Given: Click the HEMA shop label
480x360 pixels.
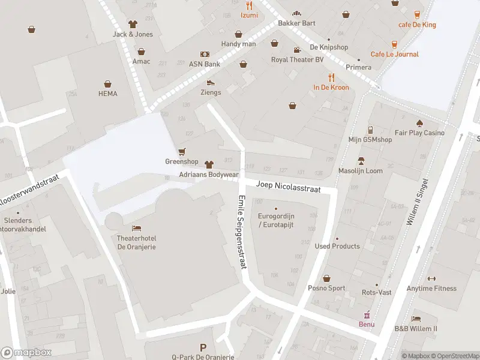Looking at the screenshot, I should pos(108,94).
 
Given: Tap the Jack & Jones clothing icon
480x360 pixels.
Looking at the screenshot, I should pos(133,24).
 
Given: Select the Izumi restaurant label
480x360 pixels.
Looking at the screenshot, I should pos(249,15).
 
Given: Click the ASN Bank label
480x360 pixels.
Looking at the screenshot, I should pos(205,64).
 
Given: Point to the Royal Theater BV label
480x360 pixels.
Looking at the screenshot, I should pos(297,59).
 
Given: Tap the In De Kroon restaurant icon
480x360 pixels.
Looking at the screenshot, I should pos(331,77).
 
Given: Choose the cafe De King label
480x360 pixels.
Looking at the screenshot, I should pos(417,25).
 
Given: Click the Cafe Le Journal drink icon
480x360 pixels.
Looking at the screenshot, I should pos(394,44).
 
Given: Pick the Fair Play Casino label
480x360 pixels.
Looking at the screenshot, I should pos(419,133).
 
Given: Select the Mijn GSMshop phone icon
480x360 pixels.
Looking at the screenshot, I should pos(370,130).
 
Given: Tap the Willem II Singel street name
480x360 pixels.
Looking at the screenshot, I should pos(418,202).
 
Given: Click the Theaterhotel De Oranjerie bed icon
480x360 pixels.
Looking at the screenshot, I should pos(137,229).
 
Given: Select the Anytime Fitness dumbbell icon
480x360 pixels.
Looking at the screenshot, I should pos(431,278).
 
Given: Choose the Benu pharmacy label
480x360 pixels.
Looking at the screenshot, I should pos(367,325).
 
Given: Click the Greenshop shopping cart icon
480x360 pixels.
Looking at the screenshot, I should pos(182,151).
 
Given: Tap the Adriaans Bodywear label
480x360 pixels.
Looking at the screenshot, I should pos(208,175).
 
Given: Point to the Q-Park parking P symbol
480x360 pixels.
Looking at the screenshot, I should pos(203,347).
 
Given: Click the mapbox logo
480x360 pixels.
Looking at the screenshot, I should pos(26,353).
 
